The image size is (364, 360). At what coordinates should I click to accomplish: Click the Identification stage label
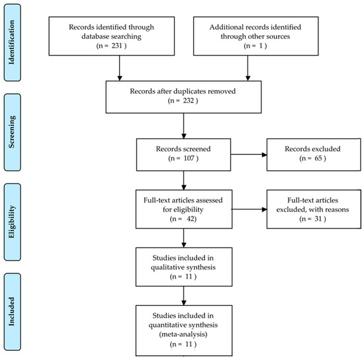[x=12, y=42]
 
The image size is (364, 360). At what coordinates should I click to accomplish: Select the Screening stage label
[x=12, y=132]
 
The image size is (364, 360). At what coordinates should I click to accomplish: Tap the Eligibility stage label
[x=12, y=222]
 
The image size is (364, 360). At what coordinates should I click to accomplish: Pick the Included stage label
[x=12, y=312]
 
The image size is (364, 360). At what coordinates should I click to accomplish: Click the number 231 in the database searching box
[x=116, y=46]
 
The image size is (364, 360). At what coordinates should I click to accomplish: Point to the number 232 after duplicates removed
[x=188, y=101]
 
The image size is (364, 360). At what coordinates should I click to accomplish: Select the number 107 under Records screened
[x=189, y=158]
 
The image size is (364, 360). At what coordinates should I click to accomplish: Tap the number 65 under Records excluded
[x=318, y=158]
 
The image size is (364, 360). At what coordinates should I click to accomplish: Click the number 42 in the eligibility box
[x=191, y=218]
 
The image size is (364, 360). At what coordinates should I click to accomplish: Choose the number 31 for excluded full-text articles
[x=318, y=218]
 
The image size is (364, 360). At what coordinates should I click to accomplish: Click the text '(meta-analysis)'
[x=183, y=334]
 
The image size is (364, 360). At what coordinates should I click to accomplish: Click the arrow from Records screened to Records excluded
[x=249, y=155]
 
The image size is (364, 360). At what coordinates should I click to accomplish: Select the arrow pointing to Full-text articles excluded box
[x=250, y=209]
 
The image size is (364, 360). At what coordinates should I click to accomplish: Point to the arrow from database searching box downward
[x=120, y=68]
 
